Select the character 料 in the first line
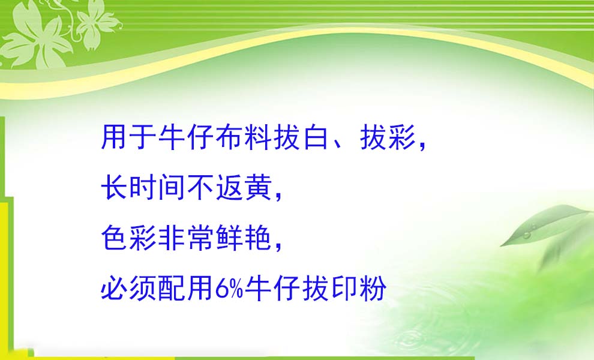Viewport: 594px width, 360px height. click(x=257, y=137)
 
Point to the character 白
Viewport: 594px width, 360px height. click(x=315, y=137)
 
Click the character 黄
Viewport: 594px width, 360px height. click(x=257, y=187)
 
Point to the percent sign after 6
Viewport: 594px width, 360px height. click(x=235, y=289)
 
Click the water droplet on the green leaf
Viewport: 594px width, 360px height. click(x=527, y=235)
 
